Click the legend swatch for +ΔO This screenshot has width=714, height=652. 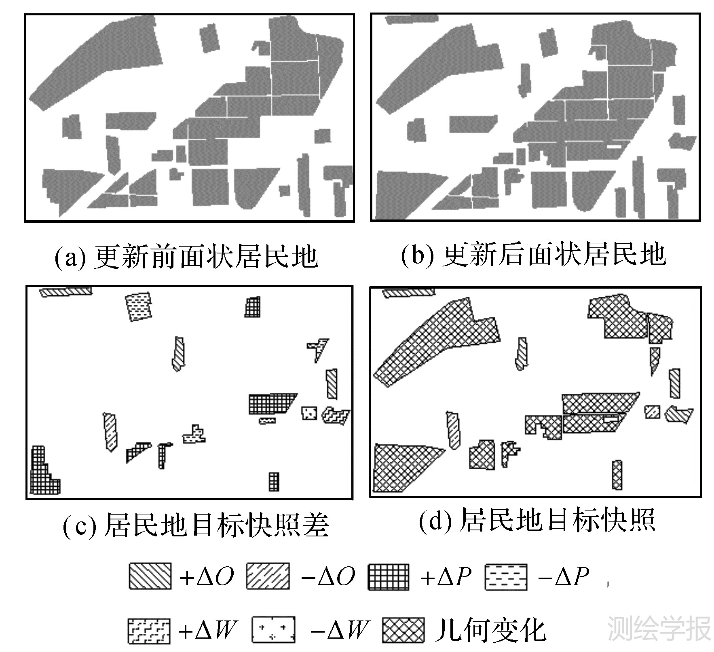(150, 576)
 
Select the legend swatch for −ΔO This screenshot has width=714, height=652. (268, 576)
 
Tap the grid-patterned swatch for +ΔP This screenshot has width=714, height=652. (389, 576)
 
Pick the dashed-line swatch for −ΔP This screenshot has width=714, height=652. (506, 576)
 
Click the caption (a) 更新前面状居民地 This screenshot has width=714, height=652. (186, 256)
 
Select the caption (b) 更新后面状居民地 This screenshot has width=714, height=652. (533, 255)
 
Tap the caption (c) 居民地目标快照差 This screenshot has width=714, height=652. (196, 525)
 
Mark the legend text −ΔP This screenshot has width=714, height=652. (563, 576)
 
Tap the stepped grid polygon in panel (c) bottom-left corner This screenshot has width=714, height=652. (42, 475)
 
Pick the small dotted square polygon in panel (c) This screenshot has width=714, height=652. (309, 413)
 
